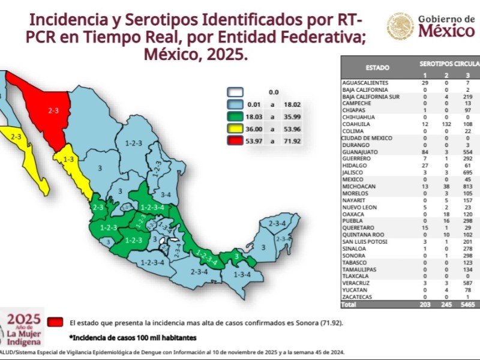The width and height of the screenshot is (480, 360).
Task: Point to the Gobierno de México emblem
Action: tap(400, 26)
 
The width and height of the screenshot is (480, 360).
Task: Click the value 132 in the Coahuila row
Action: tap(446, 125)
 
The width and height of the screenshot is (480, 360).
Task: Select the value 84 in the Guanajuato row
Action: tap(425, 153)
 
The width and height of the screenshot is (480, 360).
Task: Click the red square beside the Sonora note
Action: tap(57, 322)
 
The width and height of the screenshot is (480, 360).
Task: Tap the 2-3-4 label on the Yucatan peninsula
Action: tap(277, 224)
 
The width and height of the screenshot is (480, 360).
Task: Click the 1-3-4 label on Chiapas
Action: tap(243, 274)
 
